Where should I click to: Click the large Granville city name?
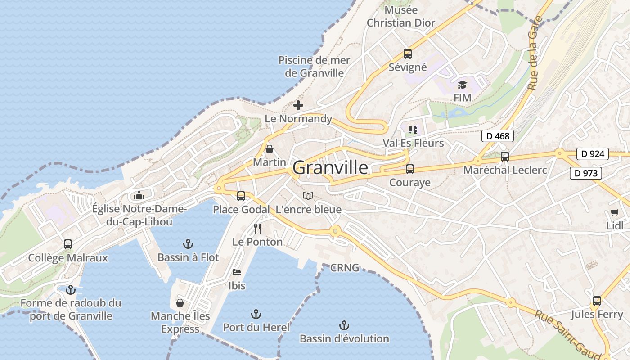coord(330,168)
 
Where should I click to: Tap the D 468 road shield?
coord(497,136)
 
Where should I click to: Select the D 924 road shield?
coord(592,154)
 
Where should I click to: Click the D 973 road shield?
coord(585,173)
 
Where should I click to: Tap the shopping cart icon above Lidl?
coord(615,212)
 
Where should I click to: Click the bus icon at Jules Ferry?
coord(597,301)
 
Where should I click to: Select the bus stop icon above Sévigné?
coord(408,54)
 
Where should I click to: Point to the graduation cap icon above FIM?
coord(462,85)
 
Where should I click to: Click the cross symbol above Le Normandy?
coord(298,106)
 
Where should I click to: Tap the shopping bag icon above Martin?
coord(269,149)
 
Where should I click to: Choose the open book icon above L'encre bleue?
coord(308,196)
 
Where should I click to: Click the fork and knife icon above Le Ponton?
coord(257,229)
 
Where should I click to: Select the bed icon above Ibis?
coord(237,272)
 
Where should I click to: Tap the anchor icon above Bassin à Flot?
coord(188,244)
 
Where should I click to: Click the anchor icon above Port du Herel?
coord(256,314)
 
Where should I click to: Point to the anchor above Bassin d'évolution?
coord(344,325)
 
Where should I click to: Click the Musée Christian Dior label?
coord(401,16)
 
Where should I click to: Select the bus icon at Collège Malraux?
coord(68,244)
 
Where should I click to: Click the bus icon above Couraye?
coord(410,169)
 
